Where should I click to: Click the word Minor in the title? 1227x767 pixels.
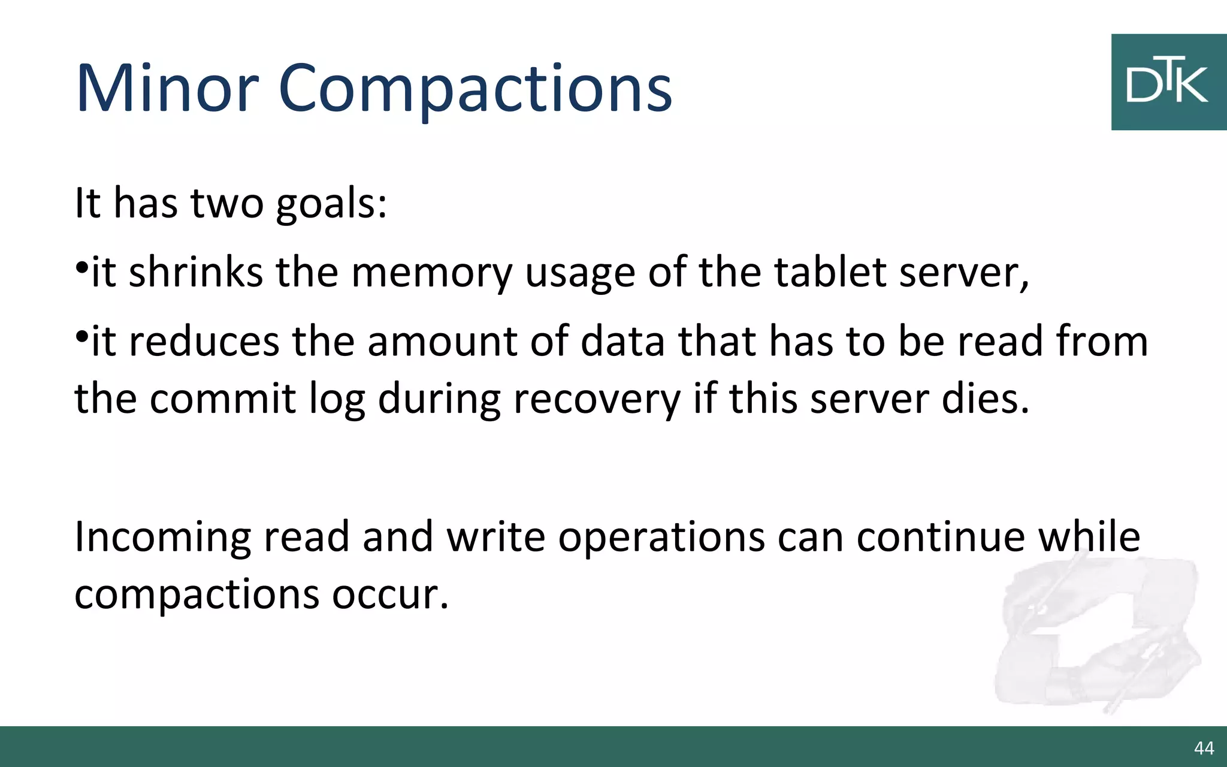(167, 89)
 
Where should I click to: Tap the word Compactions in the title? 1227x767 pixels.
(475, 90)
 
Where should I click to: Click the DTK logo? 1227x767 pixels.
(1168, 82)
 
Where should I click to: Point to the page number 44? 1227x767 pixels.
(1204, 748)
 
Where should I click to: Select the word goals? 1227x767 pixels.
(331, 204)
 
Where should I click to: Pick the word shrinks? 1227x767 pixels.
(195, 273)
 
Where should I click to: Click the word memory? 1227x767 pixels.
(431, 273)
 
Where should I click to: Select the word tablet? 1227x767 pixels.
(830, 273)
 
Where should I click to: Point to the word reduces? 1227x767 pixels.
(204, 342)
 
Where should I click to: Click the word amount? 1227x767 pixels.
(442, 342)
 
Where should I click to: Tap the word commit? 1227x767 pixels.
(222, 399)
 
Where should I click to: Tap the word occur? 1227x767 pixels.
(390, 594)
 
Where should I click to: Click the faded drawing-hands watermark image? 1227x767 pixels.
(1096, 635)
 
